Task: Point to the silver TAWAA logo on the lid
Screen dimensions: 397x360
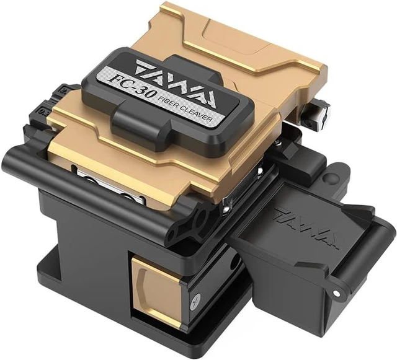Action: click(175, 84)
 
